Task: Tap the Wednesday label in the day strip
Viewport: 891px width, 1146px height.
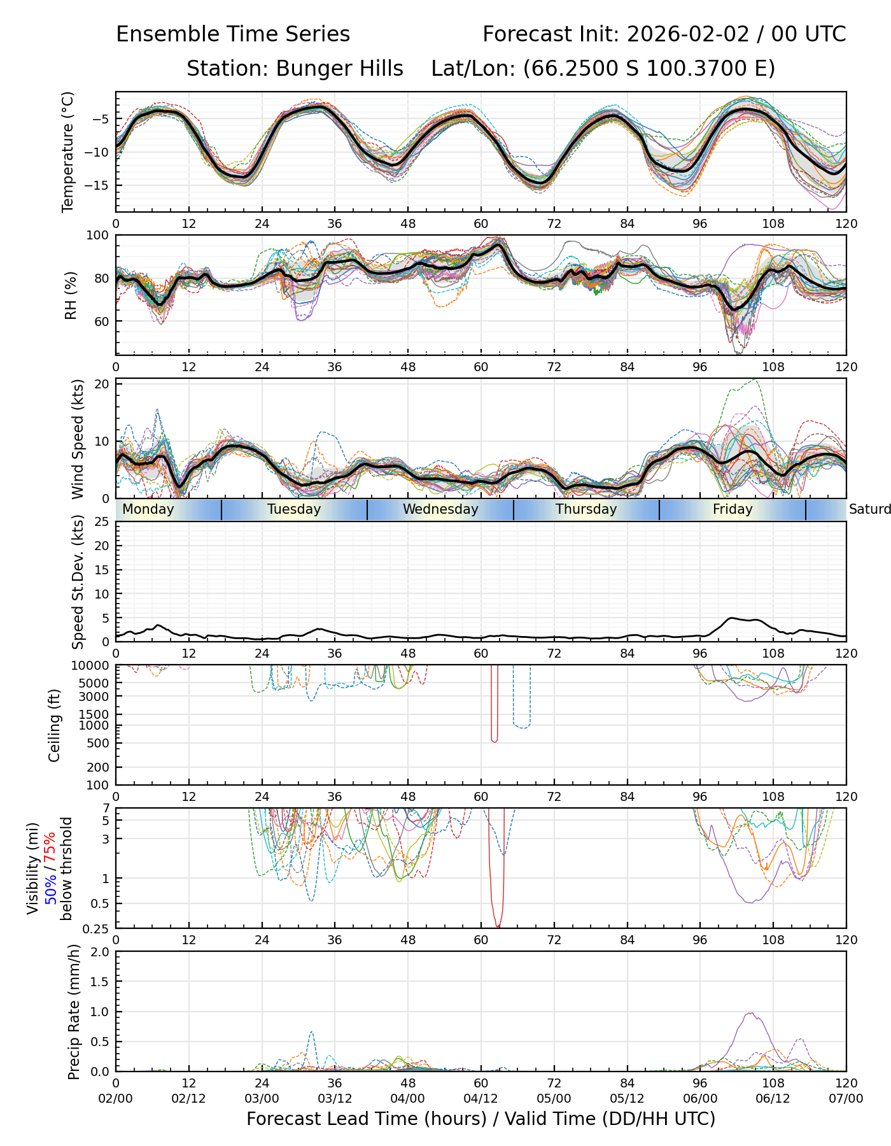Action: click(440, 509)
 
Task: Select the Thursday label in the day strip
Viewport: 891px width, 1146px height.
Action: click(586, 509)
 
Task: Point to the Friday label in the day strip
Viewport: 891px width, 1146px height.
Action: click(733, 509)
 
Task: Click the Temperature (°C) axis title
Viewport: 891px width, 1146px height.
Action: click(68, 152)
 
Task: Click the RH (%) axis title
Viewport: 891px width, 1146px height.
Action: click(70, 295)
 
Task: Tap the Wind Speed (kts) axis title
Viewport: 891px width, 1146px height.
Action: click(78, 439)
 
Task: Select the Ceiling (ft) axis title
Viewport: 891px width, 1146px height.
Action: click(55, 725)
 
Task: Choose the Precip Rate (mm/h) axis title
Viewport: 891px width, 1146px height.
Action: click(74, 1012)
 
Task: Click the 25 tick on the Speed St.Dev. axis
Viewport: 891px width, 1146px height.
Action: click(102, 522)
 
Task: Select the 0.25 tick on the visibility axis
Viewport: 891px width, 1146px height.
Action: click(97, 928)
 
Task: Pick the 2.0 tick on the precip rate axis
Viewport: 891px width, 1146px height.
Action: click(100, 952)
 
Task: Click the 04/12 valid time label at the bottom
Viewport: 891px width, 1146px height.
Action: click(481, 1099)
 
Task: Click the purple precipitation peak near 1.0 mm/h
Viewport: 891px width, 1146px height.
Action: click(752, 1013)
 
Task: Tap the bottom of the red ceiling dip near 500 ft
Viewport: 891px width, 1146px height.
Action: click(495, 742)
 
